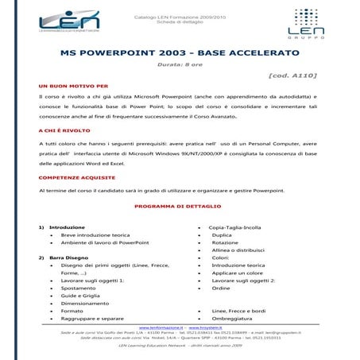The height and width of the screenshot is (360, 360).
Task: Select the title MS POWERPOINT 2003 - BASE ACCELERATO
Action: (180, 53)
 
